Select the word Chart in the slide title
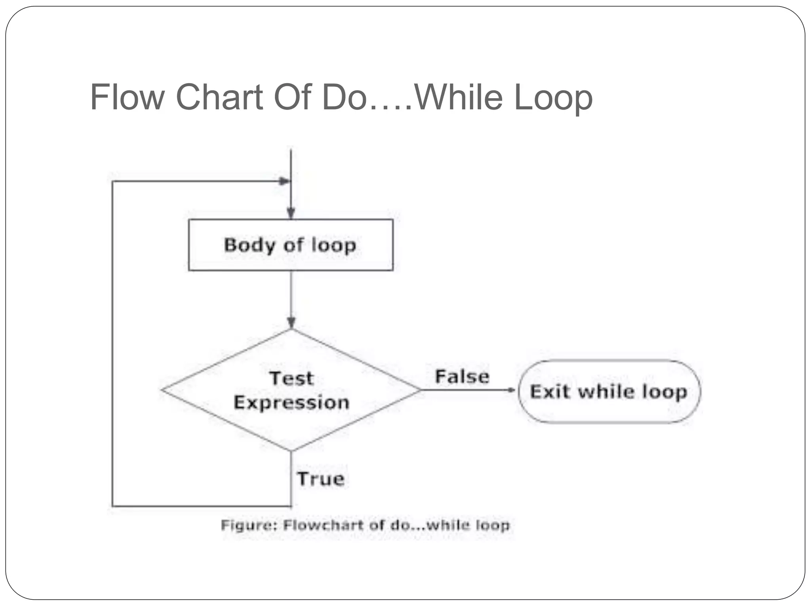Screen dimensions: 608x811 coord(219,97)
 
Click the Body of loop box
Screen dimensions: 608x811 coord(291,245)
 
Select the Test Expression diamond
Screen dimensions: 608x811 coord(291,390)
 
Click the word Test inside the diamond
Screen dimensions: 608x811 coord(291,378)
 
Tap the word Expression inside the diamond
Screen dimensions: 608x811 coord(291,403)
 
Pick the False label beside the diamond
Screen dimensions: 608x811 coord(462,376)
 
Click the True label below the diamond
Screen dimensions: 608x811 coord(321,479)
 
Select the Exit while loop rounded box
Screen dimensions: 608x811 coord(609,391)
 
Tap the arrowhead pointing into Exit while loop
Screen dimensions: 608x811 coord(512,390)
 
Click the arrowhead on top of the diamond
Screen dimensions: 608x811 coord(291,323)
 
